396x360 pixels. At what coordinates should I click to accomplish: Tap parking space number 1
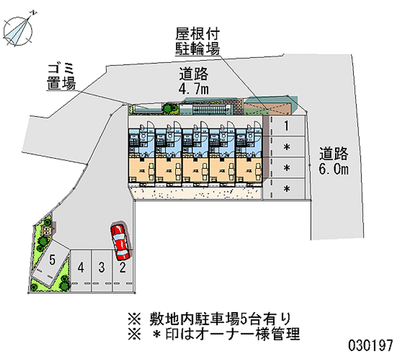[286, 126]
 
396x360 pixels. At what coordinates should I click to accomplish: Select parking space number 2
[122, 268]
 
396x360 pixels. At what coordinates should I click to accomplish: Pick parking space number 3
[101, 268]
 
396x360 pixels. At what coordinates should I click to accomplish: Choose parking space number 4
[81, 268]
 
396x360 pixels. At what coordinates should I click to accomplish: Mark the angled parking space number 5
[52, 260]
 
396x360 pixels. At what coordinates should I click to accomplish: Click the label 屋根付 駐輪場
[198, 42]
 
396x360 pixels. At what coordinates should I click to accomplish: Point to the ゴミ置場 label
[61, 76]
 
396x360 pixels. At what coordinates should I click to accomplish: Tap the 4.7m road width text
[194, 82]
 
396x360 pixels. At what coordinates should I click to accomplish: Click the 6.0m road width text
[334, 161]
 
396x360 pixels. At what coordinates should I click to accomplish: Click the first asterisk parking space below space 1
[286, 147]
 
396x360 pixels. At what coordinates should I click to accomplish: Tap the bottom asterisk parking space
[286, 189]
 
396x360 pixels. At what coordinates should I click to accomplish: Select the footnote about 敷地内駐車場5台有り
[208, 317]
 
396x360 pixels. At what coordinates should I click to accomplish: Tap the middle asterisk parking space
[286, 168]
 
